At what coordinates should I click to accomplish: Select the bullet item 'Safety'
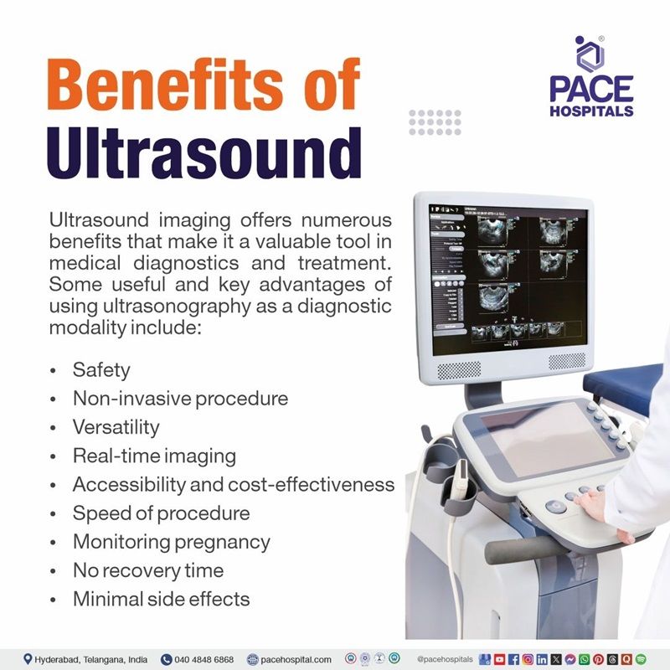101,369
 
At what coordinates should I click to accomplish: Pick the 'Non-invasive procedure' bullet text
180,398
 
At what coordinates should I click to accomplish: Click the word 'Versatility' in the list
116,427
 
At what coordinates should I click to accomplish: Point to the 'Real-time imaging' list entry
154,456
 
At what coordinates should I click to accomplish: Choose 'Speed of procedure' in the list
161,513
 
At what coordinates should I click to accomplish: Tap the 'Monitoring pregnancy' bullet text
171,541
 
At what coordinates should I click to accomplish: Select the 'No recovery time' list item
147,570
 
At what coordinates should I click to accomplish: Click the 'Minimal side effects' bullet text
161,599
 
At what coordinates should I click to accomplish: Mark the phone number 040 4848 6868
204,659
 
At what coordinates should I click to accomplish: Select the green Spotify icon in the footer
641,659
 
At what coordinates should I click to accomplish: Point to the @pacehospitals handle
444,659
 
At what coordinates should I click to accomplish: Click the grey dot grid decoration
435,122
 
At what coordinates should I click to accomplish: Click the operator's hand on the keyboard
591,502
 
